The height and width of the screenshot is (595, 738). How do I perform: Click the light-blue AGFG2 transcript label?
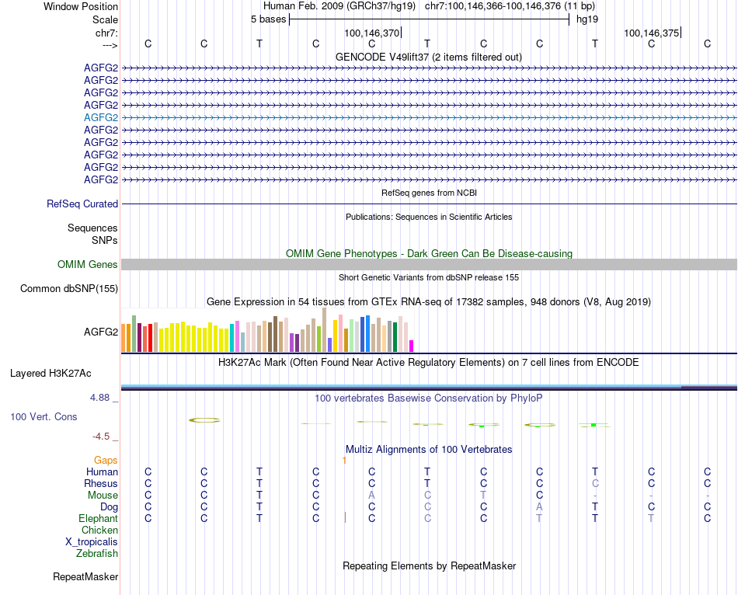click(x=101, y=117)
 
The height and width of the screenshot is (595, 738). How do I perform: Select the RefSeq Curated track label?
click(x=82, y=204)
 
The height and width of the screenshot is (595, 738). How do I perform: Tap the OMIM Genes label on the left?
click(x=88, y=265)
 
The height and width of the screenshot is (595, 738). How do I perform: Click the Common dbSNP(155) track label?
click(x=69, y=289)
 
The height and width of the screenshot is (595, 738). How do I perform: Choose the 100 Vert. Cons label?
click(x=44, y=417)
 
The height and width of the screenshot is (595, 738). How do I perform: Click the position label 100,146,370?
click(x=371, y=33)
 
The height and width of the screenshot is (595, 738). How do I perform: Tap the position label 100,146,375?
click(x=651, y=33)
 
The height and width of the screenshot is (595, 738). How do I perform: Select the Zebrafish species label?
click(x=97, y=554)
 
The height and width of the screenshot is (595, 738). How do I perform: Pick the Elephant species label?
click(x=98, y=518)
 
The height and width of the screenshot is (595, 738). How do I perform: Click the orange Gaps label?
click(x=106, y=461)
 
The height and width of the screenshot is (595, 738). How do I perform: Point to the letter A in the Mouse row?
click(x=371, y=496)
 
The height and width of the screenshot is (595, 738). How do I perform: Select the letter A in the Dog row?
click(x=539, y=507)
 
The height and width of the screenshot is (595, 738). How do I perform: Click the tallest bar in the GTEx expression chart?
click(x=324, y=330)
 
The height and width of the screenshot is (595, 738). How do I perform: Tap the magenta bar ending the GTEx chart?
click(x=412, y=346)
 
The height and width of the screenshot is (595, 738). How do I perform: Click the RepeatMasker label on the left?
click(x=85, y=577)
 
